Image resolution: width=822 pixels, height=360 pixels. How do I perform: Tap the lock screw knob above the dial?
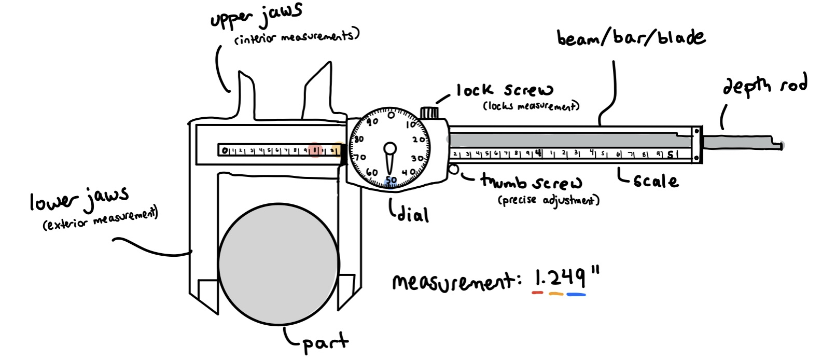[x=429, y=113]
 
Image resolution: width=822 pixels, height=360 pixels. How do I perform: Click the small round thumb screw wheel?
[x=454, y=170]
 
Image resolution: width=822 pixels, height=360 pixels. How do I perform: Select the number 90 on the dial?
[x=372, y=122]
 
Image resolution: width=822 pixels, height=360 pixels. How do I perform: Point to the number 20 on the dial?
[x=419, y=140]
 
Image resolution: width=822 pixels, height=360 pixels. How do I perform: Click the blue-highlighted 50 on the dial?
[x=391, y=181]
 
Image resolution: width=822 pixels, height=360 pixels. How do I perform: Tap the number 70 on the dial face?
[x=359, y=157]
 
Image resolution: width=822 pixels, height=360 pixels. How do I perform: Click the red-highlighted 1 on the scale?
[x=315, y=151]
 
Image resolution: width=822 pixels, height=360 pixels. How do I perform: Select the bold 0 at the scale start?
[x=225, y=151]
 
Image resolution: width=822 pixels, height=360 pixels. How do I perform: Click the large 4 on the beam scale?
[x=538, y=153]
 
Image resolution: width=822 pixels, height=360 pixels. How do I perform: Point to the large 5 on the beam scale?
[x=670, y=154]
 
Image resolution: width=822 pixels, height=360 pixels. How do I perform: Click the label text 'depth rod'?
[x=764, y=86]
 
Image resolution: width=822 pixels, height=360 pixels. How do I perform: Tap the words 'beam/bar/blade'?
[x=631, y=38]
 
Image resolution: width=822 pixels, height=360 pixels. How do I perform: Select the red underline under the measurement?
[x=538, y=293]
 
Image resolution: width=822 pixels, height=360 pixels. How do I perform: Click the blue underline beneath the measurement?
[x=576, y=295]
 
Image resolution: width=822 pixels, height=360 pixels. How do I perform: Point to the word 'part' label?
[x=324, y=343]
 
